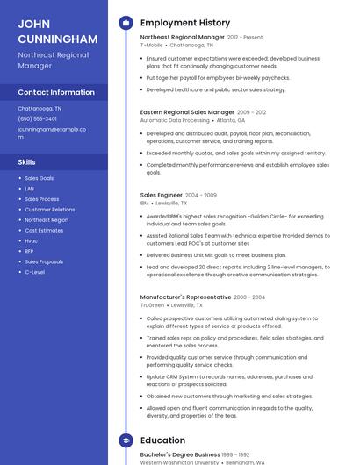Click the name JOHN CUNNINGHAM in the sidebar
pyautogui.click(x=57, y=31)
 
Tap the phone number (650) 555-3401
pyautogui.click(x=37, y=118)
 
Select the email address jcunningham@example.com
pyautogui.click(x=52, y=132)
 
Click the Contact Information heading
pyautogui.click(x=56, y=92)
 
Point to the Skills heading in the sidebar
pyautogui.click(x=27, y=162)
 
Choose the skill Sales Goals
pyautogui.click(x=39, y=178)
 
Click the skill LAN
pyautogui.click(x=30, y=189)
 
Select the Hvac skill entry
pyautogui.click(x=32, y=240)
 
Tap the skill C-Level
pyautogui.click(x=35, y=272)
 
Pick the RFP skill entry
pyautogui.click(x=30, y=251)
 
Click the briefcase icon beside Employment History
pyautogui.click(x=126, y=23)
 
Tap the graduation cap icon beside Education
pyautogui.click(x=126, y=440)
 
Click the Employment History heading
pyautogui.click(x=185, y=23)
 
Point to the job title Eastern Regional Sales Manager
pyautogui.click(x=187, y=112)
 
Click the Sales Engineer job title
pyautogui.click(x=162, y=195)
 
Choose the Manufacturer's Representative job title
pyautogui.click(x=185, y=297)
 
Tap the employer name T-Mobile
pyautogui.click(x=151, y=46)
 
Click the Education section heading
pyautogui.click(x=162, y=440)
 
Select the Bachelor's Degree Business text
pyautogui.click(x=180, y=455)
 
